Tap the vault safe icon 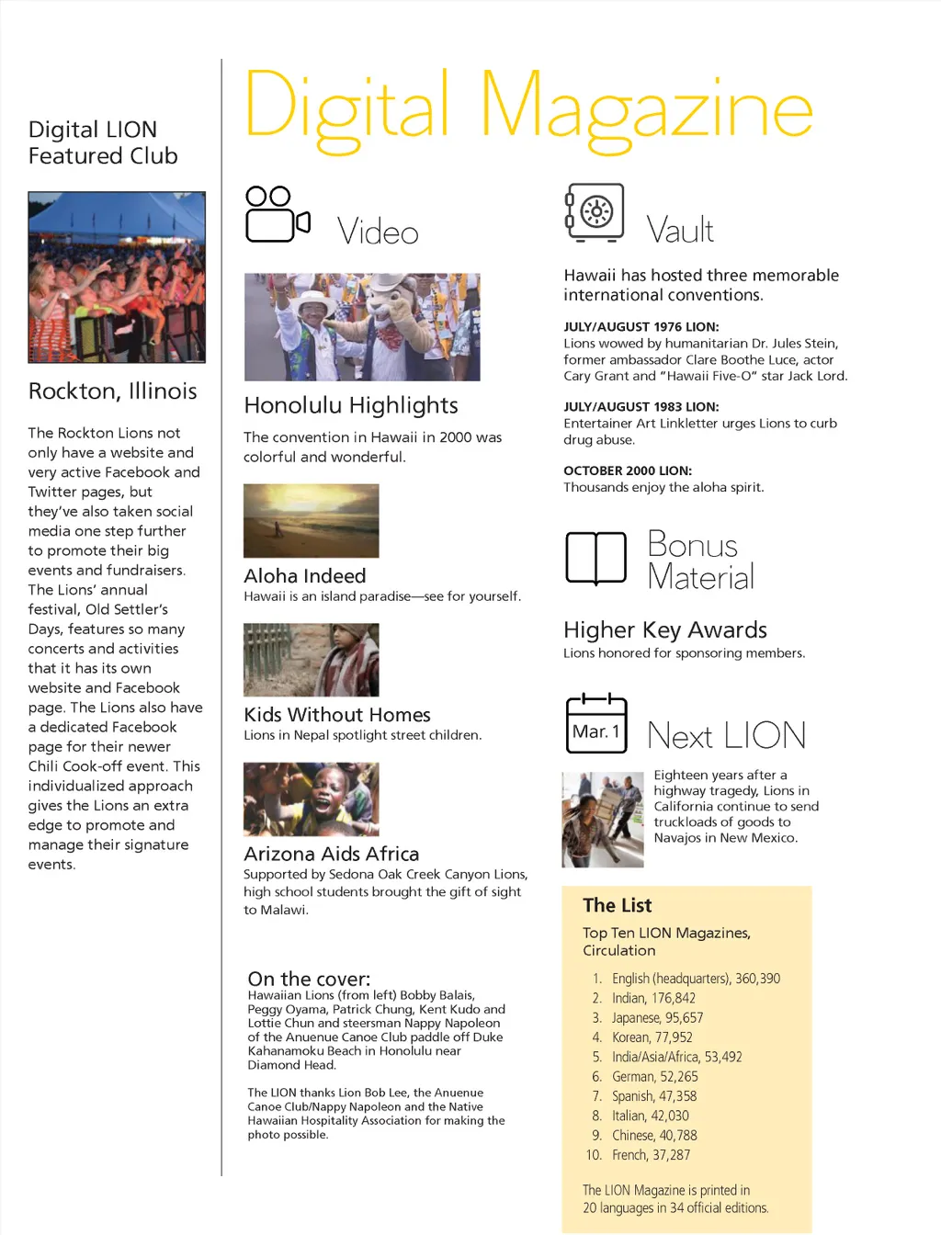(595, 212)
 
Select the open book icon (595, 557)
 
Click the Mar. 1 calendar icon (596, 724)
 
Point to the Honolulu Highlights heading (351, 405)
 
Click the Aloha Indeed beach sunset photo (311, 520)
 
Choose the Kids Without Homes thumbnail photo (311, 660)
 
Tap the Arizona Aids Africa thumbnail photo (311, 799)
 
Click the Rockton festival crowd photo (117, 277)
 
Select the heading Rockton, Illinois (113, 391)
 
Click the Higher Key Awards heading (665, 629)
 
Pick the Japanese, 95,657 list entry (657, 1017)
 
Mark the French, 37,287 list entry (651, 1155)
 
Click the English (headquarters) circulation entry (696, 979)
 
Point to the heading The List (617, 905)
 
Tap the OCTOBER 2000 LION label (628, 470)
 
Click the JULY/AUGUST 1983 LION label (641, 406)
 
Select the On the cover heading (309, 979)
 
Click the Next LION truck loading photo (603, 820)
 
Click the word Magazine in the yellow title (646, 110)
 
